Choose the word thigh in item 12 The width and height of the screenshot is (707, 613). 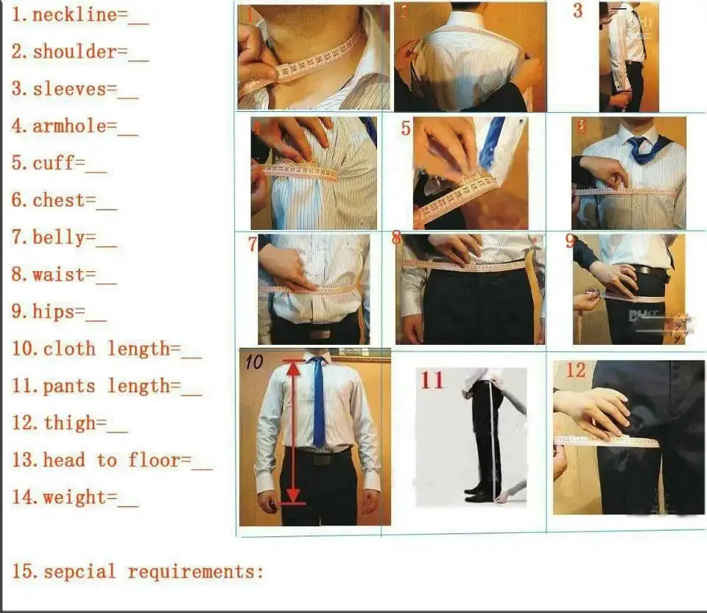pos(69,424)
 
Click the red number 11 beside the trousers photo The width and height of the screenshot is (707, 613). pos(432,380)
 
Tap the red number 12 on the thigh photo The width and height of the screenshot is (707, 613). pos(575,370)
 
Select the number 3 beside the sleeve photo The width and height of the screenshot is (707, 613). pos(577,11)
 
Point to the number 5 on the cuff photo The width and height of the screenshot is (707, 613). pos(406,128)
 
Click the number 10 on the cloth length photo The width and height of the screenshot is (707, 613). pos(254,362)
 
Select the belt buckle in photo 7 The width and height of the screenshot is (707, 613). pos(320,333)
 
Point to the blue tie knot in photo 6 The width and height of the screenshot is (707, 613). pos(634,141)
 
